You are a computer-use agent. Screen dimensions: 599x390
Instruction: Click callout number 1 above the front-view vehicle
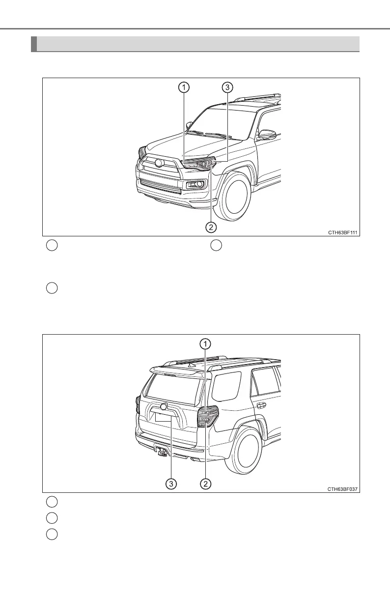pos(183,88)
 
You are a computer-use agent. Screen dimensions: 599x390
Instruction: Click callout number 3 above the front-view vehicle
pos(227,88)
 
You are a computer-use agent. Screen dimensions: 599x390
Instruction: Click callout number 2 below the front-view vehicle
pos(211,227)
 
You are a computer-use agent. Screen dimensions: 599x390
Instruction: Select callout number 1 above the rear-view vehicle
pos(206,343)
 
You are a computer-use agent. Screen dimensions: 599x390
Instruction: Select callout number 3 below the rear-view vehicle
pos(170,484)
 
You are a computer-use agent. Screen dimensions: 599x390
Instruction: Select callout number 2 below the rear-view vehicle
pos(206,484)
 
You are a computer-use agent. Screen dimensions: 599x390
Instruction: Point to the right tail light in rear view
pos(207,417)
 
